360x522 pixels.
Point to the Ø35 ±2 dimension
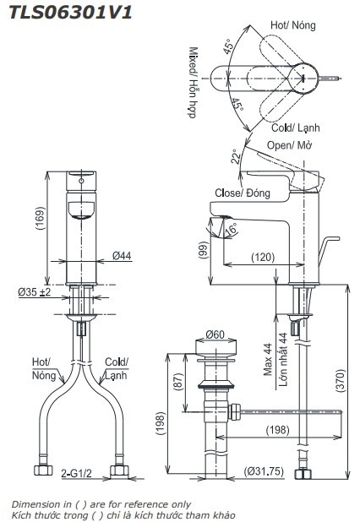click(x=35, y=293)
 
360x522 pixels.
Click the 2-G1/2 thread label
click(x=78, y=473)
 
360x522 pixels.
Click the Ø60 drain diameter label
click(x=214, y=335)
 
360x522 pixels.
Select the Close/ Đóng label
click(x=242, y=193)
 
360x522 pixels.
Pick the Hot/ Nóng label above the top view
click(x=292, y=25)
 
